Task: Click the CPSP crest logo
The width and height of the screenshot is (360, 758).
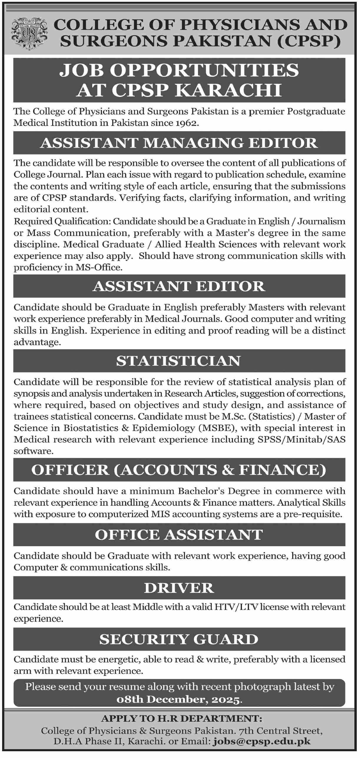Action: [x=29, y=33]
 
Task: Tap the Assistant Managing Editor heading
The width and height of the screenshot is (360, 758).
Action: [x=179, y=143]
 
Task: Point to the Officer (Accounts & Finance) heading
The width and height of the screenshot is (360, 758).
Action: [x=179, y=470]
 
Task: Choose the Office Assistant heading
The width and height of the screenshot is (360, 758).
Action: [x=179, y=535]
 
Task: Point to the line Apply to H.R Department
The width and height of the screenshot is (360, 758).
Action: [x=181, y=719]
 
